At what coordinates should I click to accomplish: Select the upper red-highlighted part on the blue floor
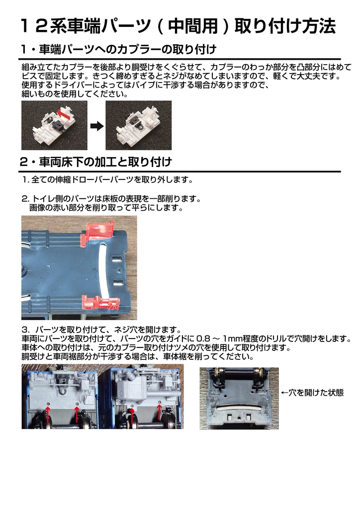tap(96, 230)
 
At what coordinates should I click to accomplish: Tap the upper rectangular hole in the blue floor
tap(117, 259)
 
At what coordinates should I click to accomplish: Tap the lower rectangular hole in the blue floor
tap(117, 284)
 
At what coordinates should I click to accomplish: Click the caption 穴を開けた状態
tap(315, 392)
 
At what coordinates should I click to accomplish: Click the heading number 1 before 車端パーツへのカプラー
tap(25, 50)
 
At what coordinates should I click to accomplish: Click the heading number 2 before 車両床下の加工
tap(25, 162)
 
